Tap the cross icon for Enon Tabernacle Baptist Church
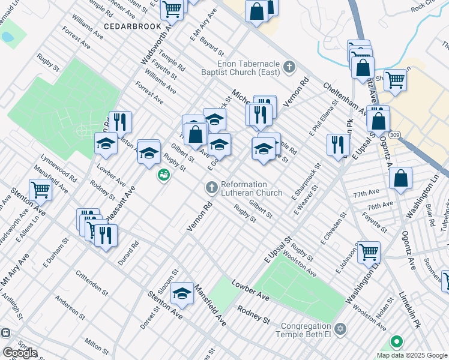coord(290,66)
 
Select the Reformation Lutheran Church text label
coord(251,188)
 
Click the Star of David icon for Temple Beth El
coord(340,329)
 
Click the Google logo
coord(20,353)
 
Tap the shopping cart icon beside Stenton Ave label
coord(41,190)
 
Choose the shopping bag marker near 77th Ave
coord(400,178)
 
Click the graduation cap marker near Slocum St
coord(182,293)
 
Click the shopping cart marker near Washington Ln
coord(369,251)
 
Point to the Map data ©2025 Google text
coord(412,355)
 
